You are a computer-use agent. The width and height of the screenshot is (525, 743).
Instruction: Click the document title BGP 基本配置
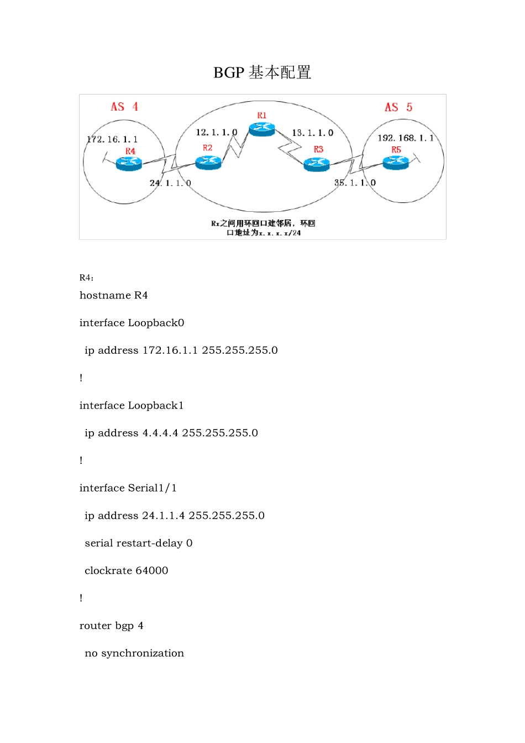[262, 72]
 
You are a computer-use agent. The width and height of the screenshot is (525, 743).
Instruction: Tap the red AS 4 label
[124, 107]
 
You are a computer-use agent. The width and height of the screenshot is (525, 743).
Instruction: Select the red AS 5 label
[398, 107]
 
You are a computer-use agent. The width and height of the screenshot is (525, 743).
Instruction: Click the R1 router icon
[261, 129]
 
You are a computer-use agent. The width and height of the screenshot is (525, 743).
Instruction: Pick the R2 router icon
[208, 163]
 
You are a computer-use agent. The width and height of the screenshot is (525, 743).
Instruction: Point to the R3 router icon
[317, 164]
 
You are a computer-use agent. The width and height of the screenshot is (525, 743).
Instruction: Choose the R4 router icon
[129, 163]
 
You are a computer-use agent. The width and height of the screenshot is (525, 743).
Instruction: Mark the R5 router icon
[396, 163]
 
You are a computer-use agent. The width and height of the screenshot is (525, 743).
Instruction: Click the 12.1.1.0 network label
[216, 133]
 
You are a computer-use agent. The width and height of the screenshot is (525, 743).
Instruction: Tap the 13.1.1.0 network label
[313, 133]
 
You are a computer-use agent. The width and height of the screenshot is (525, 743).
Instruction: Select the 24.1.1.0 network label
[170, 183]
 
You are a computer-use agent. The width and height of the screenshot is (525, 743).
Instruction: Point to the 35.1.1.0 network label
[355, 182]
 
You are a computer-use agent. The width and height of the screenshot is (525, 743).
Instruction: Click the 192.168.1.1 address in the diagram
[406, 138]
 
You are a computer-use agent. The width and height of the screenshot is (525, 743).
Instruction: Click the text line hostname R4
[114, 295]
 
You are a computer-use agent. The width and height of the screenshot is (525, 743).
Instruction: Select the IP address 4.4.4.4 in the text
[160, 433]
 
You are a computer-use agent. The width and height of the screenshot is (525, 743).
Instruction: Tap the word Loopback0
[156, 323]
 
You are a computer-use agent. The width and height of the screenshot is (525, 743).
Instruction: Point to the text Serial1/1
[152, 488]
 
